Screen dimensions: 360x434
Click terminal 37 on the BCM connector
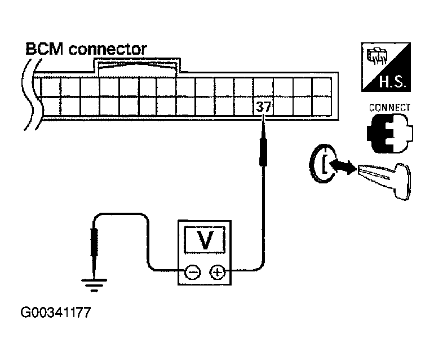[263, 107]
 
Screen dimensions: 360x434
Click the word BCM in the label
[45, 49]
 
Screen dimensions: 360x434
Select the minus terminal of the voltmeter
[193, 273]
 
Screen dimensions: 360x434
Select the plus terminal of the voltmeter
[217, 273]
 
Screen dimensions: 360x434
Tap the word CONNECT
[389, 108]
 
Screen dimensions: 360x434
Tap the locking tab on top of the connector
[138, 66]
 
